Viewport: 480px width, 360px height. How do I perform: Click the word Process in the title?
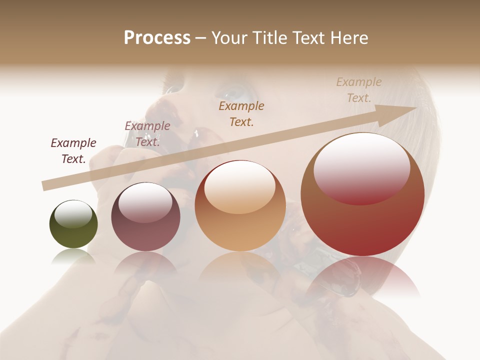157,38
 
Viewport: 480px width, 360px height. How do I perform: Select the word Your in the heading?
229,38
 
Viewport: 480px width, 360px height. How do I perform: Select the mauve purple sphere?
145,217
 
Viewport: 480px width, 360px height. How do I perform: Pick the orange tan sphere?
240,205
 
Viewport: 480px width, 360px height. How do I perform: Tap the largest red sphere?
362,194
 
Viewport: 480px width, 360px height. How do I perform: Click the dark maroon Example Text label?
73,151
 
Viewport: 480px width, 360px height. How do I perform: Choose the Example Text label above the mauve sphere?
147,134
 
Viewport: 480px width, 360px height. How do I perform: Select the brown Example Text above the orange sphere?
241,114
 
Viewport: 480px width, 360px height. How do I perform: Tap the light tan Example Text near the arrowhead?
358,90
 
